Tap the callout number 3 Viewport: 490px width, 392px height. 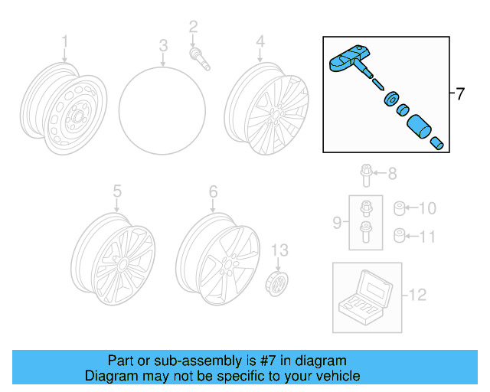[163, 47]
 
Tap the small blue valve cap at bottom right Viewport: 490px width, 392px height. [438, 142]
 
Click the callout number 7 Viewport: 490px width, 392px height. [459, 95]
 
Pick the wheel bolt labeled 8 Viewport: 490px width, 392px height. [367, 178]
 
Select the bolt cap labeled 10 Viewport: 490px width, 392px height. [398, 208]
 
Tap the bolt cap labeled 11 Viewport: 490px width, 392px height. [398, 235]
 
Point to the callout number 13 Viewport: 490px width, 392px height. [281, 249]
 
